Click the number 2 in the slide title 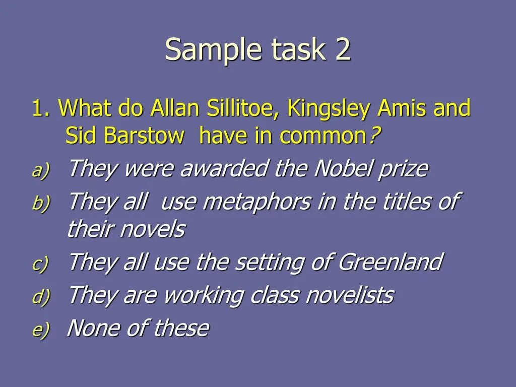tap(342, 50)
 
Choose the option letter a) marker tap(41, 171)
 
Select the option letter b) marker tap(41, 204)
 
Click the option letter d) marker tap(41, 297)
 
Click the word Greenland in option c tap(391, 262)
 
